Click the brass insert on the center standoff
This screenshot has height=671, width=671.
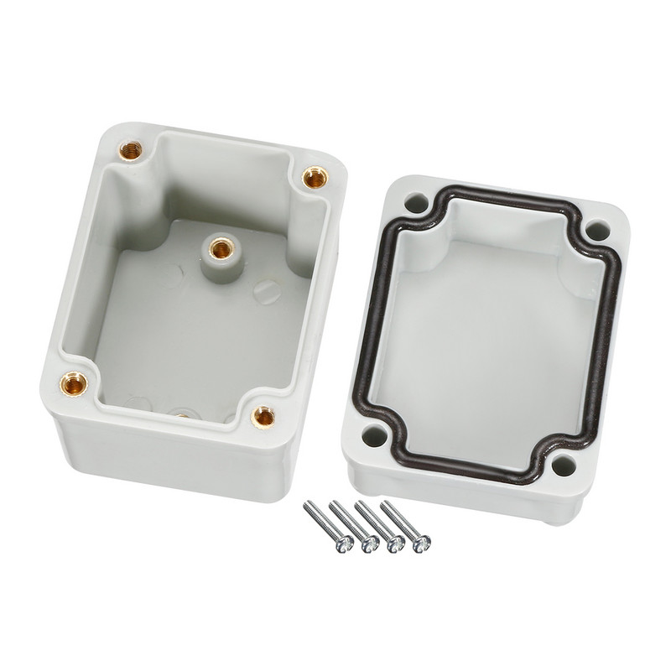click(x=221, y=246)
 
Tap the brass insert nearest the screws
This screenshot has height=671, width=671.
click(x=264, y=414)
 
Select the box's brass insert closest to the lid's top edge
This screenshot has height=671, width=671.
click(x=314, y=177)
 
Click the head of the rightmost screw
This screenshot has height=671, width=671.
click(x=419, y=545)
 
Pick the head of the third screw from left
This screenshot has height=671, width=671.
click(x=394, y=547)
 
